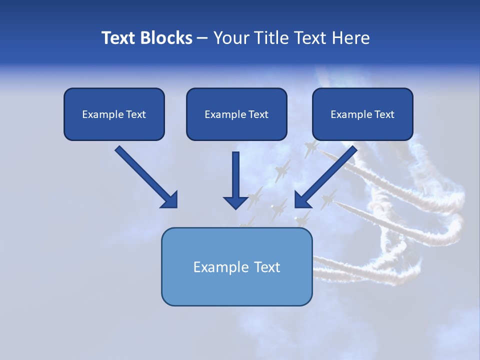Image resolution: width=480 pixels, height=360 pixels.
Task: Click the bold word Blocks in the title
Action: pyautogui.click(x=165, y=38)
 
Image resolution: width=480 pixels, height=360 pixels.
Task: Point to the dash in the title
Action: pyautogui.click(x=202, y=38)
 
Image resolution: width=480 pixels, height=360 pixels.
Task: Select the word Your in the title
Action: pyautogui.click(x=231, y=38)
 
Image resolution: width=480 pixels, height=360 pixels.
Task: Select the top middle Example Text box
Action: pyautogui.click(x=236, y=114)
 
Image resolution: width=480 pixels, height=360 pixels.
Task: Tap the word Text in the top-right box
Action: pyautogui.click(x=384, y=114)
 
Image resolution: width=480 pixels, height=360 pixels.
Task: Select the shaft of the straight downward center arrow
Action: pyautogui.click(x=236, y=172)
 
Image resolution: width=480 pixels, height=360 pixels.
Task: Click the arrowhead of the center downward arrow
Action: pyautogui.click(x=236, y=202)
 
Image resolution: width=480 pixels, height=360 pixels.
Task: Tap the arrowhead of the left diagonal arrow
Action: pyautogui.click(x=170, y=200)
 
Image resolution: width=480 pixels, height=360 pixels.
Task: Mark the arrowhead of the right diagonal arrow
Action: pyautogui.click(x=302, y=200)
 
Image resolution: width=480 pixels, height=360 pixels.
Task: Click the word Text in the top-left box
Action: pyautogui.click(x=136, y=114)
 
